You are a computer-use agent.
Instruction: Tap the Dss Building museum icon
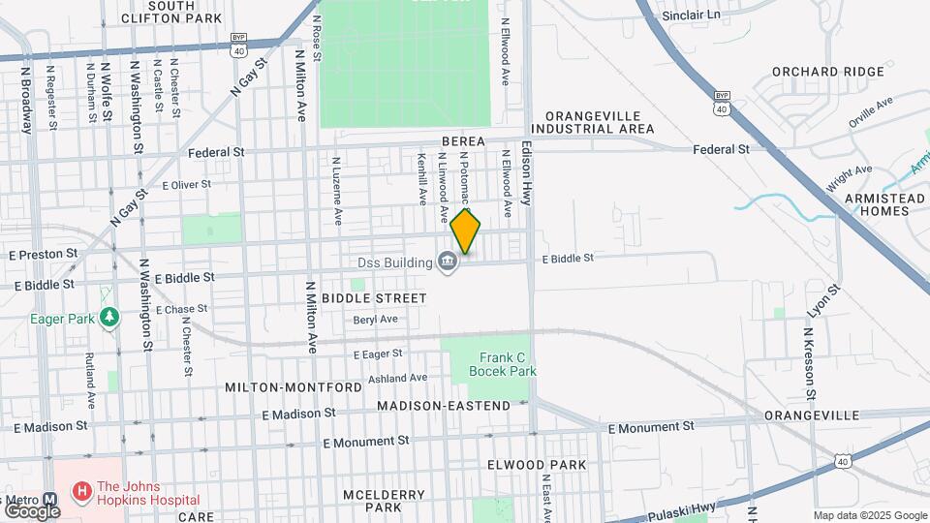pyautogui.click(x=447, y=262)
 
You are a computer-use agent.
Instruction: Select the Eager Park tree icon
pyautogui.click(x=111, y=316)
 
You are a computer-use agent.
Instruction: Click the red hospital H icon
pyautogui.click(x=82, y=492)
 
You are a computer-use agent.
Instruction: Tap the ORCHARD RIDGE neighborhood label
pyautogui.click(x=827, y=72)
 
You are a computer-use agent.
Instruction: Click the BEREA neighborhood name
pyautogui.click(x=463, y=141)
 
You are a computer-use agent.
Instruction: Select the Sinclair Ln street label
pyautogui.click(x=692, y=15)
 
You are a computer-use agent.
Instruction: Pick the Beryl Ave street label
pyautogui.click(x=375, y=319)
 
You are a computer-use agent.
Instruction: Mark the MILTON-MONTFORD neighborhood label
pyautogui.click(x=294, y=387)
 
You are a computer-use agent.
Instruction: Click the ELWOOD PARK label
pyautogui.click(x=537, y=465)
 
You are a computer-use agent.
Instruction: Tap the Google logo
pyautogui.click(x=32, y=510)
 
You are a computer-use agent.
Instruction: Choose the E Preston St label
pyautogui.click(x=43, y=254)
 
